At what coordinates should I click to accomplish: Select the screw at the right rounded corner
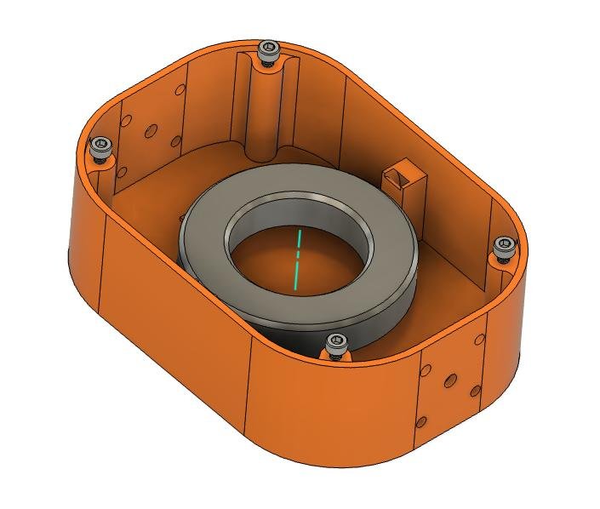[505, 247]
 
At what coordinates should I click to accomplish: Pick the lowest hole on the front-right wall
[421, 420]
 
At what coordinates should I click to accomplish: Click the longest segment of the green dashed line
[295, 274]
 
